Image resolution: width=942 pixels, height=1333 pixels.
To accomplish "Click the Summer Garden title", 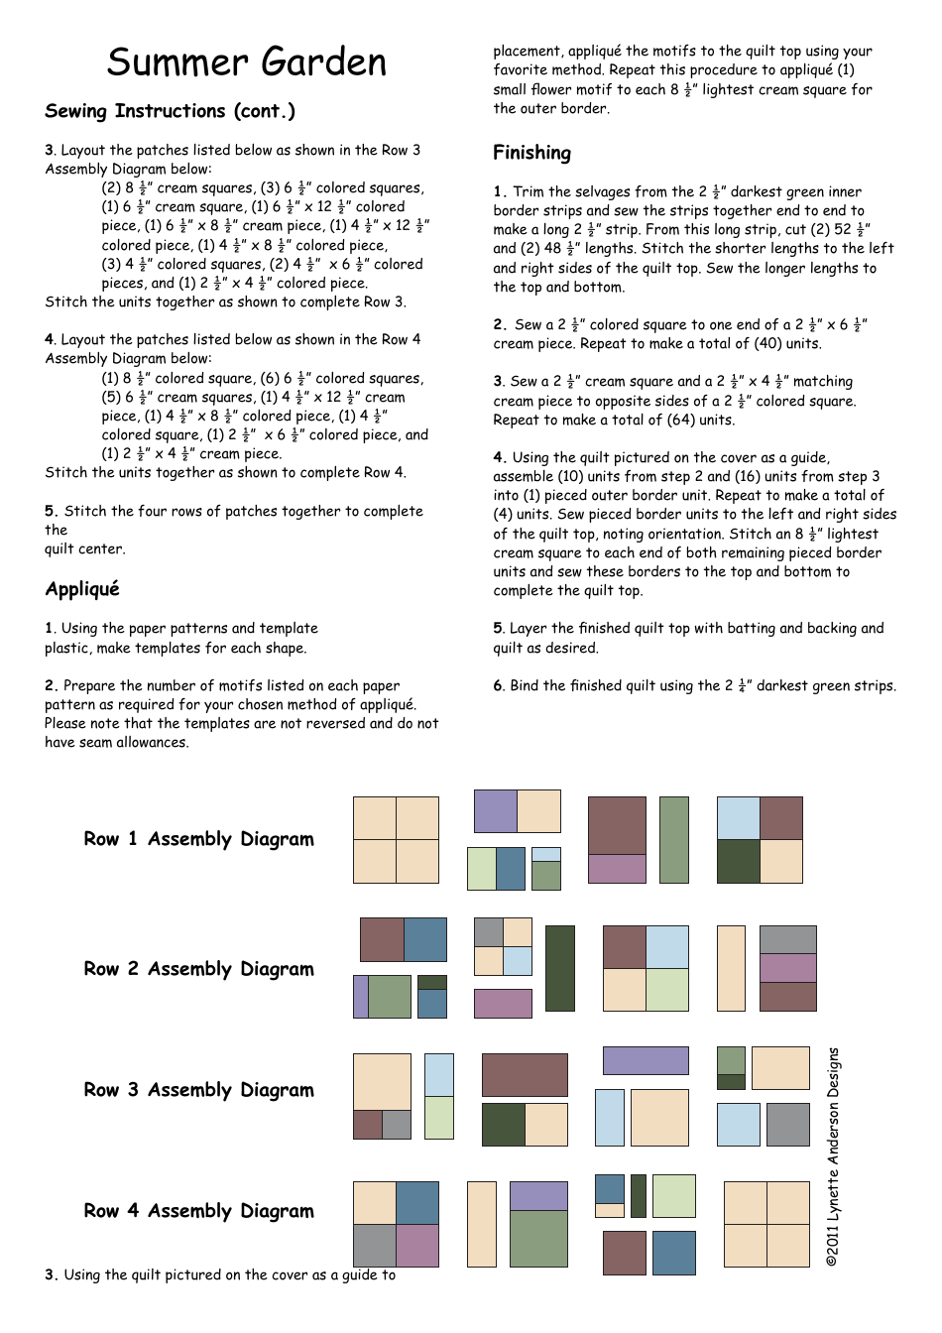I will pos(247,62).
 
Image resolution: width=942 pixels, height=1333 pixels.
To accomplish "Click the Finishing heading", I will pos(532,153).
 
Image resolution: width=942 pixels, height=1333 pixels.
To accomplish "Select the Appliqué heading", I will pos(82,589).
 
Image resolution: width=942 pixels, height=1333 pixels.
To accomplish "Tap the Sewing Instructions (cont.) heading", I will pos(170,111).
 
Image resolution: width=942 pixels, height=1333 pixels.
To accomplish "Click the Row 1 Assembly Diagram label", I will pos(198,839).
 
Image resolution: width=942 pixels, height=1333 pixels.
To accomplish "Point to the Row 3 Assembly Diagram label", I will pos(198,1090).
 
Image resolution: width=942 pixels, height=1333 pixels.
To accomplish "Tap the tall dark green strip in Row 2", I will pos(559,968).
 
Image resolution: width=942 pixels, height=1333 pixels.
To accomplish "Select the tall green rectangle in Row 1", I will pos(673,839).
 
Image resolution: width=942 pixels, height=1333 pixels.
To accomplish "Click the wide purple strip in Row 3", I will pos(646,1060).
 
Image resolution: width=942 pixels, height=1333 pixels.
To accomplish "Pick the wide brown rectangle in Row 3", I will pos(525,1075).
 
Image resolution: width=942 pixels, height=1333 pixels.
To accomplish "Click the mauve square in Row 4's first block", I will pos(417,1246).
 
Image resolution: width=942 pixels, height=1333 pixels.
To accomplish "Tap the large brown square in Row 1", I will pos(617,825).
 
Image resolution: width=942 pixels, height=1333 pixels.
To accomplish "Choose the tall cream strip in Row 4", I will pos(481,1224).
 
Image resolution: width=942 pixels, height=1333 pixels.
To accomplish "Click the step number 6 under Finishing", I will pos(499,686).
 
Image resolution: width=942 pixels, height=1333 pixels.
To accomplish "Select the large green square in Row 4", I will pos(538,1239).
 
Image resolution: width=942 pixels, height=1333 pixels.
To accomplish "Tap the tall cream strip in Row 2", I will pos(731,968).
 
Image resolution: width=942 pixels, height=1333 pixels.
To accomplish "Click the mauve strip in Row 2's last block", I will pos(788,968).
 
